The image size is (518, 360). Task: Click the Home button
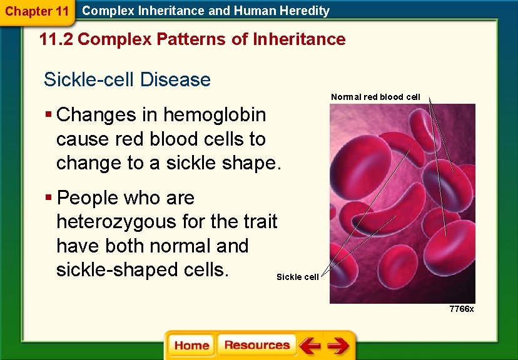191,346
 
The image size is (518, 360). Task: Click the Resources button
256,346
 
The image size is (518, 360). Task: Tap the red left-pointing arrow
309,346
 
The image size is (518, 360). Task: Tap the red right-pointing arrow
338,346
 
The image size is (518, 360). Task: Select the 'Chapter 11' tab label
37,11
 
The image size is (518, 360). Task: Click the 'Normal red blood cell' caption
375,97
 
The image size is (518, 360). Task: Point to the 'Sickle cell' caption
298,277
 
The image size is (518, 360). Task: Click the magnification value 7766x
462,309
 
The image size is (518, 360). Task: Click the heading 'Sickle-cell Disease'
127,80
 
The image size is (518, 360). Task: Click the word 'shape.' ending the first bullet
253,163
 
